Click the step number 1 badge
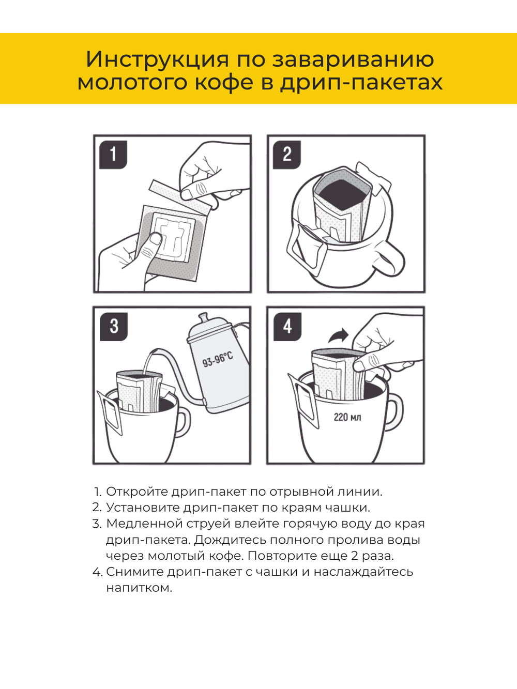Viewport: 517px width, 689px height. coord(113,155)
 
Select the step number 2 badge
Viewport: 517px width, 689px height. coord(287,155)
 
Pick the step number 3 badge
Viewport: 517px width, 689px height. coord(114,326)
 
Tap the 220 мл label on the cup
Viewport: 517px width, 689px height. coord(347,417)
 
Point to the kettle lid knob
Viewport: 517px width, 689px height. coord(203,316)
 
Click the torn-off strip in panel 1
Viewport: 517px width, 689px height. coord(181,195)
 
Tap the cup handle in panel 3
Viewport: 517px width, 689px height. coord(182,421)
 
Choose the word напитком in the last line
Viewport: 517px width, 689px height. coord(139,588)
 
